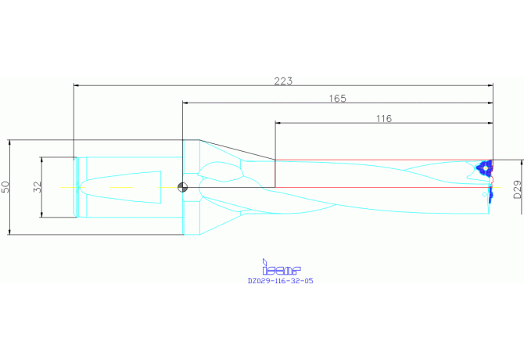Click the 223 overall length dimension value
283,81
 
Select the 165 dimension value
338,99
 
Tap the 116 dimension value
384,119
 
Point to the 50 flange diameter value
5,187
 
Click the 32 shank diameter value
37,187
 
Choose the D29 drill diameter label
517,189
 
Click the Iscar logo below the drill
282,267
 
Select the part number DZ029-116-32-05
281,281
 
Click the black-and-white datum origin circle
182,187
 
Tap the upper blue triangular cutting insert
485,167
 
